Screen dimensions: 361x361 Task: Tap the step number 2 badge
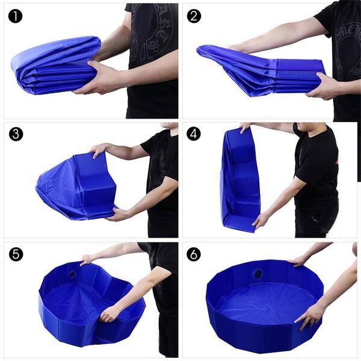tap(194, 16)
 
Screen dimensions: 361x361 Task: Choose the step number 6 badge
tap(194, 254)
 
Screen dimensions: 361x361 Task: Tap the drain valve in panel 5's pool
tap(73, 274)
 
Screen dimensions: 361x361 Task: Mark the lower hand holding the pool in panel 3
tap(119, 214)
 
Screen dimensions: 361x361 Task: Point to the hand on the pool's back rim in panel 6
tap(298, 261)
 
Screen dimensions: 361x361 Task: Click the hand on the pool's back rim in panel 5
tap(88, 259)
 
